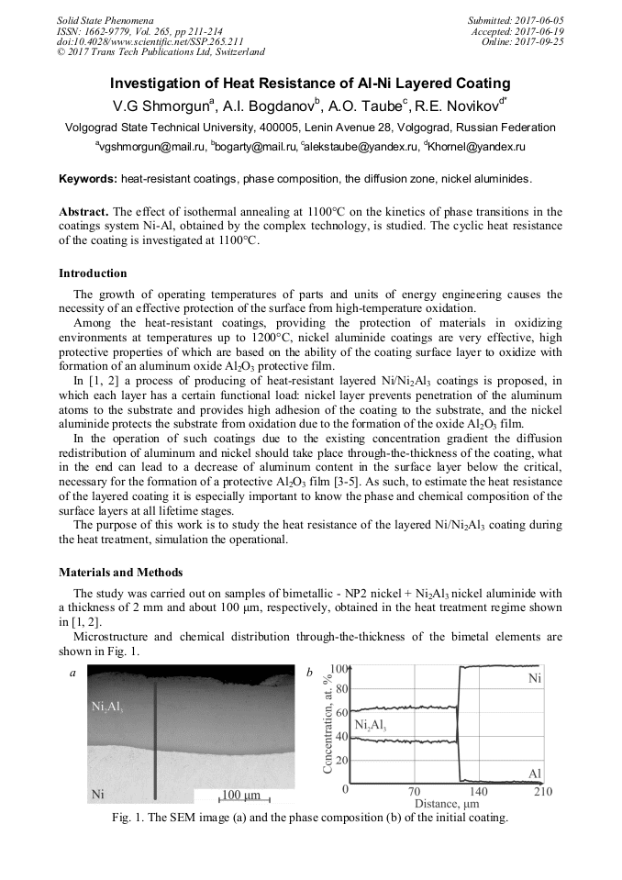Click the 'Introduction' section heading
(x=93, y=273)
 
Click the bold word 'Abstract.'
(x=85, y=211)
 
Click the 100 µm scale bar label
(x=241, y=794)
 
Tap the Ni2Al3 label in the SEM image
(x=107, y=707)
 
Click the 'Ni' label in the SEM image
(x=96, y=793)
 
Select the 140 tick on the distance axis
(x=479, y=791)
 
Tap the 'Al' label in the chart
(x=535, y=774)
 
